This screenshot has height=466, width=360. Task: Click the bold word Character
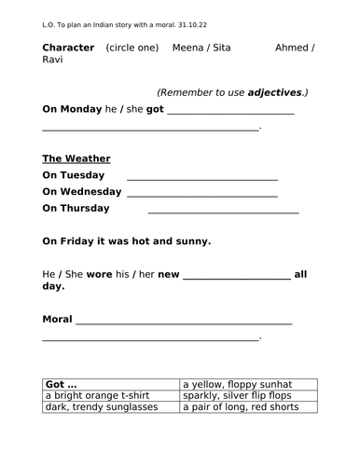pos(68,48)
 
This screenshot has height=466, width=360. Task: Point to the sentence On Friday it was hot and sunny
pos(127,241)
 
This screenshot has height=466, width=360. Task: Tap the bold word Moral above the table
pos(57,320)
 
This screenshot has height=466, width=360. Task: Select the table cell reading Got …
pos(110,383)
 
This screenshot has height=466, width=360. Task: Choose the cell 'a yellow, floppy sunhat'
pos(248,383)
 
